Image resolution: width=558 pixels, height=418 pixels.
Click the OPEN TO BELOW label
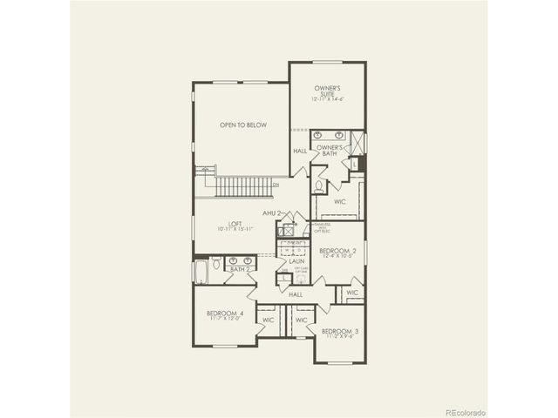pyautogui.click(x=243, y=125)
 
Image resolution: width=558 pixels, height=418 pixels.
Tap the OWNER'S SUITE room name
pyautogui.click(x=327, y=90)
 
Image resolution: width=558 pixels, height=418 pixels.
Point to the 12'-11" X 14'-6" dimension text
pyautogui.click(x=327, y=100)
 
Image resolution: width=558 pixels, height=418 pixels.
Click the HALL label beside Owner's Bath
pyautogui.click(x=300, y=152)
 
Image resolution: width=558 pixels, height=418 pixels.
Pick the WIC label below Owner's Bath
pyautogui.click(x=339, y=202)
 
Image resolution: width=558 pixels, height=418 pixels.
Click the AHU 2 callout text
pyautogui.click(x=272, y=212)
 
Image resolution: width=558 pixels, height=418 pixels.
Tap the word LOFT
pyautogui.click(x=235, y=224)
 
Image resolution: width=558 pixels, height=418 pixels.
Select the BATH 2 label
pyautogui.click(x=240, y=270)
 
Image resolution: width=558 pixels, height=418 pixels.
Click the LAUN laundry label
pyautogui.click(x=296, y=260)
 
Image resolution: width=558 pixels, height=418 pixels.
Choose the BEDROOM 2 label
pyautogui.click(x=337, y=249)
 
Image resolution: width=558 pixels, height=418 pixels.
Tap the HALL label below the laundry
pyautogui.click(x=296, y=295)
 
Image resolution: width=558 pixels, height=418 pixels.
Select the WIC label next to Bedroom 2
pyautogui.click(x=351, y=293)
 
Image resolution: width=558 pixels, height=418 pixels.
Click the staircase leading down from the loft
pyautogui.click(x=244, y=186)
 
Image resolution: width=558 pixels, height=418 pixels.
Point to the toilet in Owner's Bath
pyautogui.click(x=318, y=185)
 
